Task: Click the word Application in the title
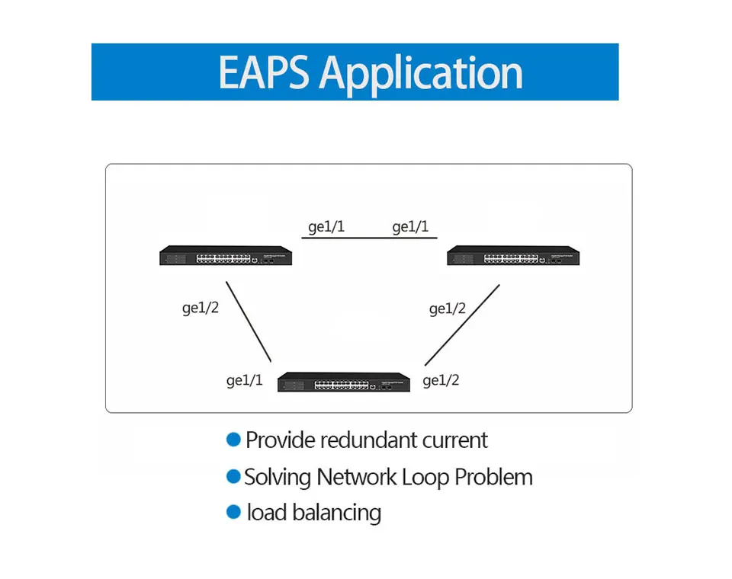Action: [x=421, y=75]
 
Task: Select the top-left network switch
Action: [x=226, y=256]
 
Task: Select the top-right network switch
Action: [x=513, y=256]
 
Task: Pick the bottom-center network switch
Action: [x=344, y=382]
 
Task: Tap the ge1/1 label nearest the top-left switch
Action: [x=326, y=227]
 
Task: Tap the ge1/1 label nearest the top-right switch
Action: [x=410, y=227]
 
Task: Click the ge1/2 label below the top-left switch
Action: [x=201, y=308]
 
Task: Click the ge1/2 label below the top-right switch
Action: [x=448, y=309]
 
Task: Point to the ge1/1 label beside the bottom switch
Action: [x=244, y=381]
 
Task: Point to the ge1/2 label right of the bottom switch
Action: [x=441, y=381]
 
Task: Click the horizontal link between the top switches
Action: [x=369, y=238]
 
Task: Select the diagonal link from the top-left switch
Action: [x=249, y=321]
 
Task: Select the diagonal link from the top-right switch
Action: [x=462, y=325]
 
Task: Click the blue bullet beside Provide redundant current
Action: [x=233, y=440]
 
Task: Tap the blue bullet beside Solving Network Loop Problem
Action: [x=233, y=476]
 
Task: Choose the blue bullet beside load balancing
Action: [x=233, y=512]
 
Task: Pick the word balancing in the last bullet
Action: [x=336, y=513]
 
